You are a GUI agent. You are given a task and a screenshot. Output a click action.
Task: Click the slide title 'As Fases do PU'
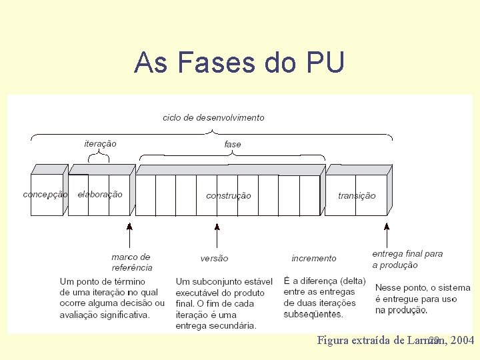(239, 63)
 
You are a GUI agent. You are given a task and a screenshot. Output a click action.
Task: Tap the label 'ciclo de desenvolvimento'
(213, 117)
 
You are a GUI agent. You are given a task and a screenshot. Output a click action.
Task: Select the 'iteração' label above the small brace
(100, 143)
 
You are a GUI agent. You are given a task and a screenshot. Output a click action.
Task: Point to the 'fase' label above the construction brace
(232, 144)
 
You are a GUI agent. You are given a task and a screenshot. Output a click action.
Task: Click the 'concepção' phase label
(45, 195)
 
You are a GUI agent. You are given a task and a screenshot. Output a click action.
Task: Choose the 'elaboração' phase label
(100, 195)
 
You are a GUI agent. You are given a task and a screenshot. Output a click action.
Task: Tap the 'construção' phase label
(229, 195)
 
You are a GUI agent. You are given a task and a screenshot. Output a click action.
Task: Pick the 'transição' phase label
(357, 195)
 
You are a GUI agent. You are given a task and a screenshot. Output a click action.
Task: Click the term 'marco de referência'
(131, 262)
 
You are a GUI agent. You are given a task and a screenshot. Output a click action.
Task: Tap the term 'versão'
(214, 258)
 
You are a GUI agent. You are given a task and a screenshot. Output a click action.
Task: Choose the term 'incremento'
(314, 258)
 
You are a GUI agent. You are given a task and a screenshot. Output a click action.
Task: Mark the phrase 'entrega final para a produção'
(407, 259)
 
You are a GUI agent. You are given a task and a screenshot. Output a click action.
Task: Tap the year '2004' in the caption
(463, 341)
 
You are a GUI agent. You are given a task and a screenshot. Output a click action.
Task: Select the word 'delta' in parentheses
(351, 281)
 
